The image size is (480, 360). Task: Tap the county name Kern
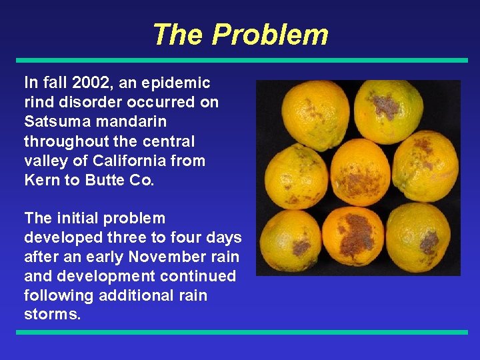pos(41,180)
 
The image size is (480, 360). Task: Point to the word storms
pos(52,315)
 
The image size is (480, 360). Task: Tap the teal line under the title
pos(240,60)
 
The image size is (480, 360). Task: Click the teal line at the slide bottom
pos(240,331)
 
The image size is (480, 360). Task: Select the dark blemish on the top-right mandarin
pos(385,105)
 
